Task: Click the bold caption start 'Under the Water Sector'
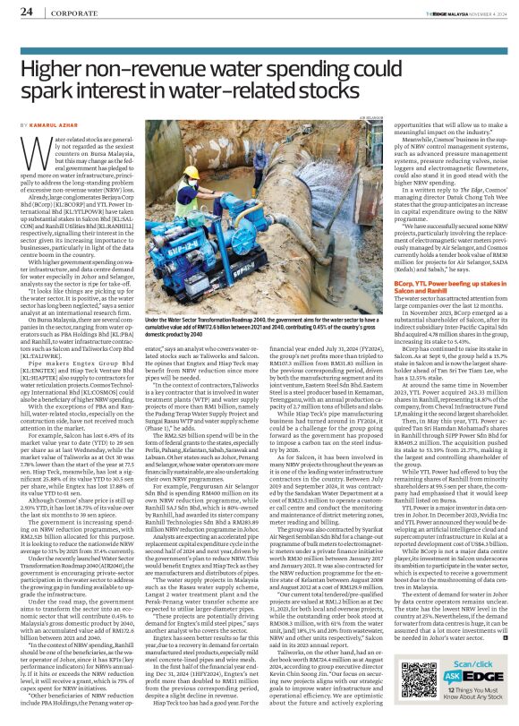(198, 305)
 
